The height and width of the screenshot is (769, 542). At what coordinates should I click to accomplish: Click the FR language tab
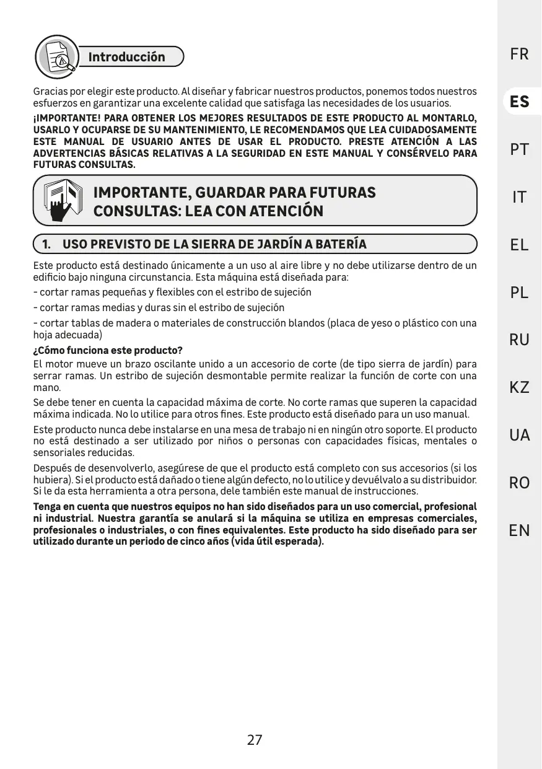(x=519, y=55)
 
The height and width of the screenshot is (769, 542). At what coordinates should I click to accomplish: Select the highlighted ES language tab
(x=519, y=102)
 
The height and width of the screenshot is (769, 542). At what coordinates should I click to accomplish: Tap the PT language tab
(x=519, y=149)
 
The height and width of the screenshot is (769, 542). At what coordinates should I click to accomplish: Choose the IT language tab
(x=519, y=197)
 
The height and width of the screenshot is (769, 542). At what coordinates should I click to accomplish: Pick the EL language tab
(x=519, y=245)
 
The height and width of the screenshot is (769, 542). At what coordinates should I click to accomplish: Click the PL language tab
(x=519, y=292)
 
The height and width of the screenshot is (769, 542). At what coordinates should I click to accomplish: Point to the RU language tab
(x=519, y=340)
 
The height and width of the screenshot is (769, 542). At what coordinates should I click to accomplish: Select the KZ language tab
(x=519, y=387)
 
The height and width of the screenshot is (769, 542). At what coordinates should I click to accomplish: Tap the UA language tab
(x=519, y=435)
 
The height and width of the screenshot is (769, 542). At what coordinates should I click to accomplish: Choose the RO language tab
(x=519, y=483)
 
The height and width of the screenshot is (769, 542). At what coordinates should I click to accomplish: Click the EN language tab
(x=519, y=530)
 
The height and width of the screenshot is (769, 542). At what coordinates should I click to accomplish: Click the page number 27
(x=255, y=740)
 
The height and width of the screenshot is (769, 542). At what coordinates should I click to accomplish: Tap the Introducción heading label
(x=127, y=57)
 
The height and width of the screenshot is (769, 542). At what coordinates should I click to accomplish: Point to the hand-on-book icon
(x=63, y=200)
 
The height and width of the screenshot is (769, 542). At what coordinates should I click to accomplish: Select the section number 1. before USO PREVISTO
(x=46, y=244)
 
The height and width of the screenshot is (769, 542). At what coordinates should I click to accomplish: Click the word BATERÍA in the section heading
(x=340, y=244)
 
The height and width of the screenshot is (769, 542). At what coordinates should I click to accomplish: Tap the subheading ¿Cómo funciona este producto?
(x=107, y=351)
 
